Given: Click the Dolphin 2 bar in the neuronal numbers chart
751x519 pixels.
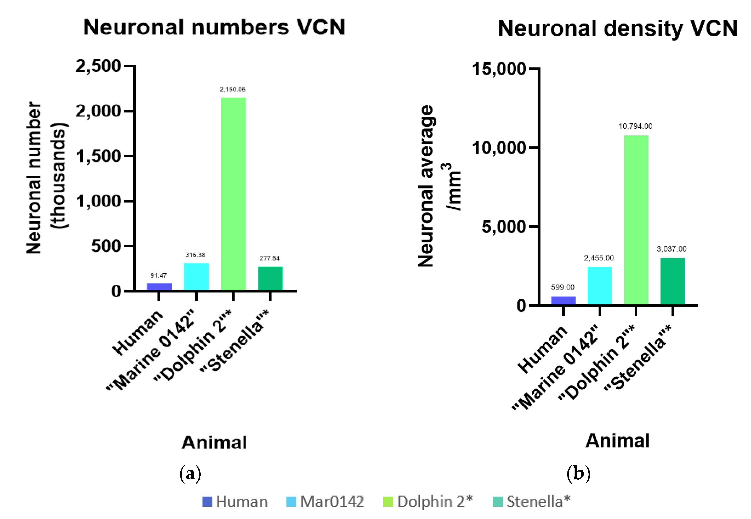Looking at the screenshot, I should (x=233, y=194).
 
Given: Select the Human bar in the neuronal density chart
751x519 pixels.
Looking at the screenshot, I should (x=563, y=301).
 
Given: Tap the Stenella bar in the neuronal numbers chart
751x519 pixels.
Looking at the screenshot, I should (x=271, y=278).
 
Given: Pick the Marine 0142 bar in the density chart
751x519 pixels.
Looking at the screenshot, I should (x=599, y=286).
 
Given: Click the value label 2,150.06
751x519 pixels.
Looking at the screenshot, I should (x=232, y=89).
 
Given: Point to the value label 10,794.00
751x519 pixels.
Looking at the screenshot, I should (x=635, y=126).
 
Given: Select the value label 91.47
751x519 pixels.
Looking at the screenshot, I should (x=159, y=275).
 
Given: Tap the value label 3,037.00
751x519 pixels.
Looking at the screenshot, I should (x=672, y=249).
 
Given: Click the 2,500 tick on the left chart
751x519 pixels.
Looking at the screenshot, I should (x=98, y=66).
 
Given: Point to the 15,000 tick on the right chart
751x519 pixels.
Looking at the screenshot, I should (x=499, y=69).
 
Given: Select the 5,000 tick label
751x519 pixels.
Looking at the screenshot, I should (x=504, y=227).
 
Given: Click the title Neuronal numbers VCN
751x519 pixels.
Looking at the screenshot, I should (x=214, y=27).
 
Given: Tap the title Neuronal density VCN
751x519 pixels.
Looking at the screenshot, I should (x=618, y=29).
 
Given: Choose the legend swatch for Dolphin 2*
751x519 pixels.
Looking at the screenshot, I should (x=388, y=501).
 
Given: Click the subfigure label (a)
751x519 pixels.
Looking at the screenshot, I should (x=190, y=473).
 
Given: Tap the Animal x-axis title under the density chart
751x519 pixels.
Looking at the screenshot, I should (x=617, y=441).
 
